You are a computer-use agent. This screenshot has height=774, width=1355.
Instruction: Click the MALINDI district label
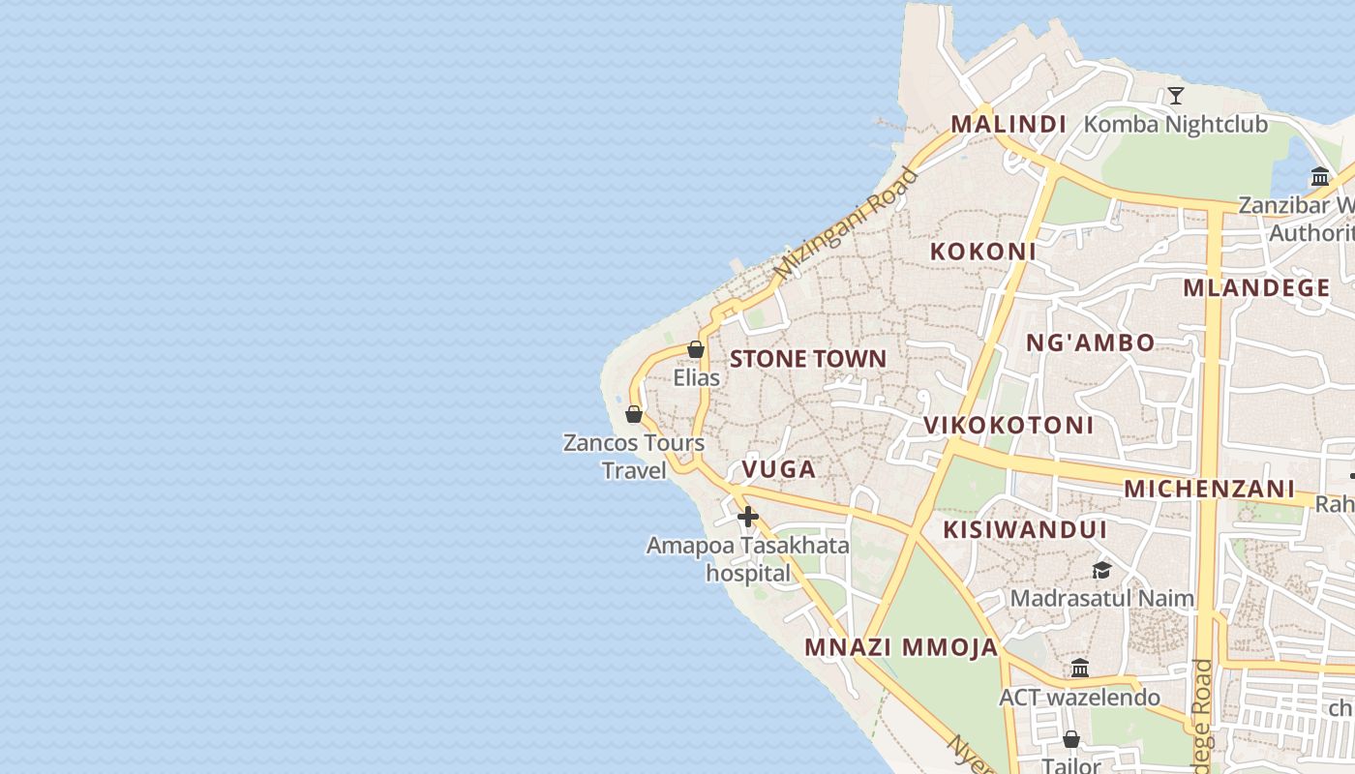point(1008,125)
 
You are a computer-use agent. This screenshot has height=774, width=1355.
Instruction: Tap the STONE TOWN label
point(807,359)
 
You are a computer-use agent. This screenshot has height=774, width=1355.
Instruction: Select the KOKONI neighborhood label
point(982,252)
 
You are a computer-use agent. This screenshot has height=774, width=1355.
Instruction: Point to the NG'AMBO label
point(1090,342)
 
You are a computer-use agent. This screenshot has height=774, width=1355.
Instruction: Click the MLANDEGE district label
point(1256,288)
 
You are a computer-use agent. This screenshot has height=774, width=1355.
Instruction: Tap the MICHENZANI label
point(1209,489)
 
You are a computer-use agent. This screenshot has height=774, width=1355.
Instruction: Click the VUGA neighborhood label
point(778,470)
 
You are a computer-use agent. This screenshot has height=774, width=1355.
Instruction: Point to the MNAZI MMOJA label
point(901,648)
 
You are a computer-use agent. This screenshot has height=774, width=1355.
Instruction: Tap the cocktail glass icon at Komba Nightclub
point(1176,96)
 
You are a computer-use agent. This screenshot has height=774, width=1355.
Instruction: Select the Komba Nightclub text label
point(1175,125)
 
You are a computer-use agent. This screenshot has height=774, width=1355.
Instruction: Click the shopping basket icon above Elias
point(696,349)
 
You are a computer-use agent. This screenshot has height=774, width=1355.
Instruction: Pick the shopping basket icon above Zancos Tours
point(634,414)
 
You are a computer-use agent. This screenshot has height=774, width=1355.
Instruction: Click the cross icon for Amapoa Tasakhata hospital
point(747,517)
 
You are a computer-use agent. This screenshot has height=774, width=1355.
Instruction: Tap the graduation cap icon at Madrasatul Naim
point(1101,570)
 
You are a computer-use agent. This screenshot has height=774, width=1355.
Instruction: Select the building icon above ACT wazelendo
point(1080,669)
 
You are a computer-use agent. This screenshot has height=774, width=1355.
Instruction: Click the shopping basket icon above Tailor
point(1071,740)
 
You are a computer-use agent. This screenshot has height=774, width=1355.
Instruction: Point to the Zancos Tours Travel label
point(634,457)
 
